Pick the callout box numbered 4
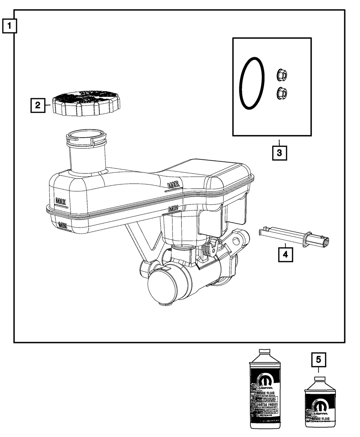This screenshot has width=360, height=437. coord(285,254)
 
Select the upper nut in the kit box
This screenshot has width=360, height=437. coord(282,75)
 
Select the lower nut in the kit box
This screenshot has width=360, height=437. coord(282,94)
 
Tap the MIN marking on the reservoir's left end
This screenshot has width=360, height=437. coord(62,225)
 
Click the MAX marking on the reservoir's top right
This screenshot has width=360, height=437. coord(173,185)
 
